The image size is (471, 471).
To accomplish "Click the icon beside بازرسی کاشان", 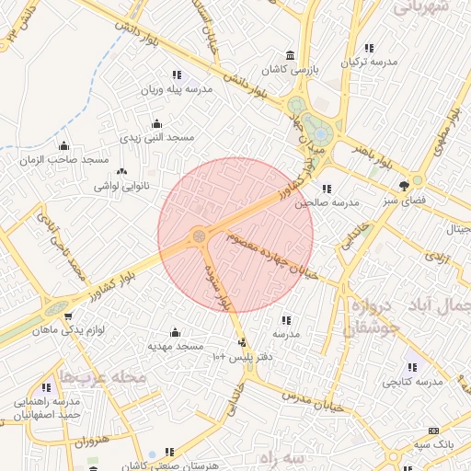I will pyautogui.click(x=291, y=54).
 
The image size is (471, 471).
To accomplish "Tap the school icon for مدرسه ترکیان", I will pyautogui.click(x=369, y=48).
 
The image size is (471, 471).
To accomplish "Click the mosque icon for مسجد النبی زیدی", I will pyautogui.click(x=157, y=123).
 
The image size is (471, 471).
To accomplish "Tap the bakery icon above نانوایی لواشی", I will pyautogui.click(x=121, y=171).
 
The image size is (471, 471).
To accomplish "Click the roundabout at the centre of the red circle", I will pyautogui.click(x=198, y=237).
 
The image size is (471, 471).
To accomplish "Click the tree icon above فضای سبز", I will pyautogui.click(x=404, y=186).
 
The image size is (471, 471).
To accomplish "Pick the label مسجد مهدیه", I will pyautogui.click(x=176, y=346).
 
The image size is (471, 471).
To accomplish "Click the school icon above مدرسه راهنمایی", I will pyautogui.click(x=46, y=387).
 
